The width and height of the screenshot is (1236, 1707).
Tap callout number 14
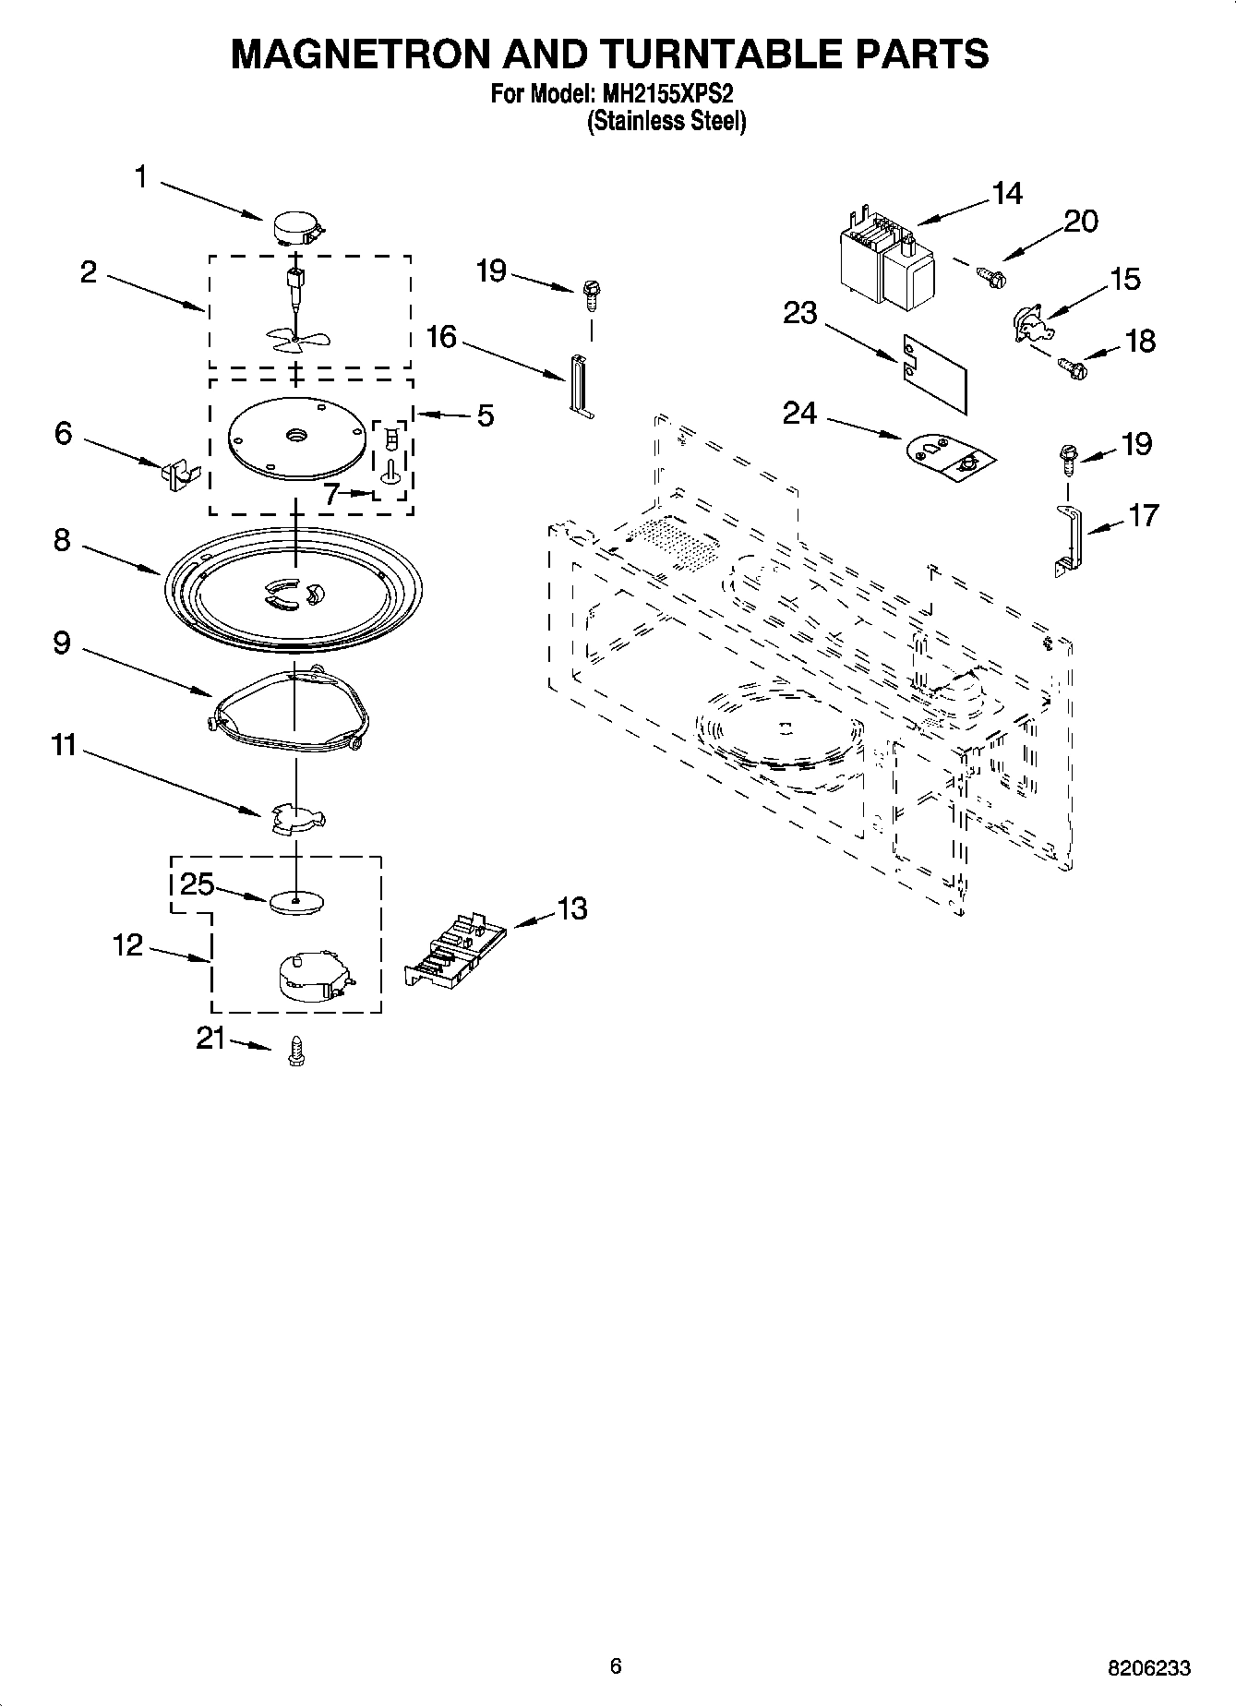[x=1007, y=193]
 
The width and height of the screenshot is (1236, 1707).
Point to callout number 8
[x=62, y=540]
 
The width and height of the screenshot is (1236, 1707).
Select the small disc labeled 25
[x=298, y=901]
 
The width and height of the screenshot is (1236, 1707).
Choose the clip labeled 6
[x=178, y=472]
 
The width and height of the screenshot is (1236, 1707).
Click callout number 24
[x=799, y=413]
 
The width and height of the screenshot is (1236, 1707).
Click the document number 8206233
[x=1148, y=1668]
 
